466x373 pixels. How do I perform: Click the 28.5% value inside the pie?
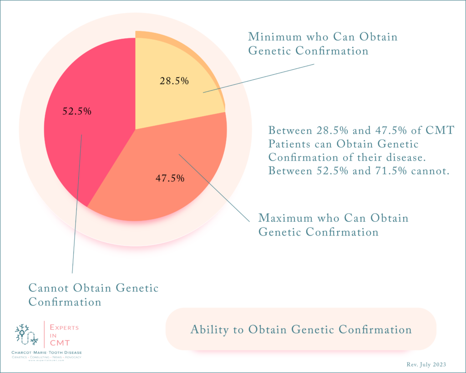pos(174,81)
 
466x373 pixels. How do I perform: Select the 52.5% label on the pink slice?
pos(77,111)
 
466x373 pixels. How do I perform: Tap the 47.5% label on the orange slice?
pos(170,178)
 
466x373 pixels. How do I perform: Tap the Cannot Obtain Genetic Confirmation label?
pos(93,295)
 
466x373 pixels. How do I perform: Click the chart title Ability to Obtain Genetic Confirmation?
pos(301,330)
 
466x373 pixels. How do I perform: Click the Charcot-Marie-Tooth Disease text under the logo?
pos(47,353)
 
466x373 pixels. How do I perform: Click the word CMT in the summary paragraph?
pos(440,131)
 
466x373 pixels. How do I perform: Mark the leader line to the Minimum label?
pos(259,78)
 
